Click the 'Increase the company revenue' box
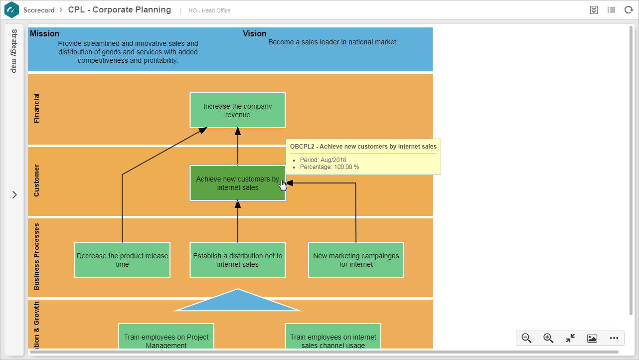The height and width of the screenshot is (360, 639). pyautogui.click(x=238, y=110)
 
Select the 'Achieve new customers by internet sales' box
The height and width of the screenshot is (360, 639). pyautogui.click(x=238, y=183)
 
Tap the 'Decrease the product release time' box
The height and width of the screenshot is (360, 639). pyautogui.click(x=123, y=260)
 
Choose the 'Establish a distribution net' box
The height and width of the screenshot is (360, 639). pyautogui.click(x=238, y=260)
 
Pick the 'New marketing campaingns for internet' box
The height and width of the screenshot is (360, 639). pyautogui.click(x=356, y=260)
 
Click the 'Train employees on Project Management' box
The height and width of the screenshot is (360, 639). pyautogui.click(x=166, y=336)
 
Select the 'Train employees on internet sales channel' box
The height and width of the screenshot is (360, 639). pyautogui.click(x=333, y=336)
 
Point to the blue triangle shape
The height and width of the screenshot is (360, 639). pyautogui.click(x=238, y=302)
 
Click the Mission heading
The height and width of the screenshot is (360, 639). pyautogui.click(x=44, y=34)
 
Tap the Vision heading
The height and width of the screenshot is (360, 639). pyautogui.click(x=255, y=34)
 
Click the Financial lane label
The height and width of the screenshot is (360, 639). pyautogui.click(x=36, y=108)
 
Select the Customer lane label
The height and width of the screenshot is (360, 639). pyautogui.click(x=36, y=180)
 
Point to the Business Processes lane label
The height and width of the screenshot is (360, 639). pyautogui.click(x=36, y=257)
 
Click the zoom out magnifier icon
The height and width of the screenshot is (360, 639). pyautogui.click(x=526, y=339)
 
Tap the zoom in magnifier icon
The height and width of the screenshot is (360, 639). pyautogui.click(x=548, y=339)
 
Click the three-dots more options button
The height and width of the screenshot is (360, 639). pyautogui.click(x=614, y=339)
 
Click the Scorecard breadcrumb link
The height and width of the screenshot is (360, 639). pyautogui.click(x=39, y=10)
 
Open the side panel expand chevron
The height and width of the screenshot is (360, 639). pyautogui.click(x=14, y=195)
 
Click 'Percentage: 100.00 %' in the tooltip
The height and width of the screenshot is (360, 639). pyautogui.click(x=329, y=167)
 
